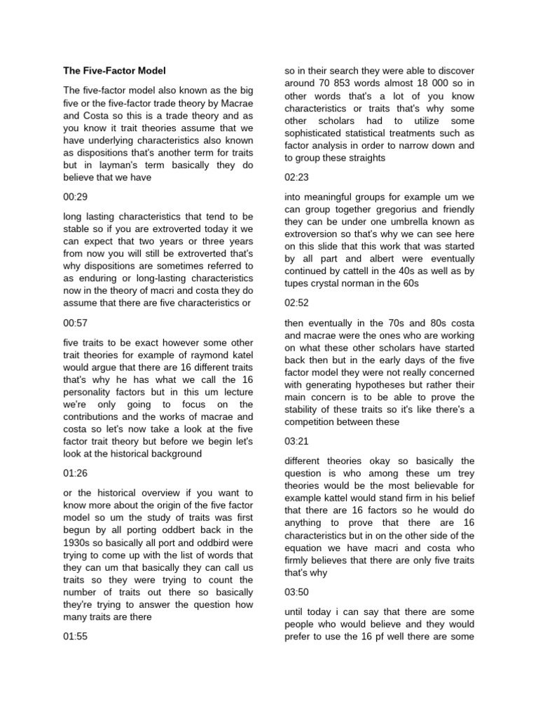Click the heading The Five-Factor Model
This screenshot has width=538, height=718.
[x=114, y=71]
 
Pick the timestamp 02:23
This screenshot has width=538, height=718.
[x=296, y=178]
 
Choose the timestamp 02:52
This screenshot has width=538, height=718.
[x=296, y=304]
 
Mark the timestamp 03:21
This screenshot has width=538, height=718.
[x=296, y=442]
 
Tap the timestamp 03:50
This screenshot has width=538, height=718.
[x=296, y=592]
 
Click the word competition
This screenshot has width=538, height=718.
[x=317, y=423]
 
